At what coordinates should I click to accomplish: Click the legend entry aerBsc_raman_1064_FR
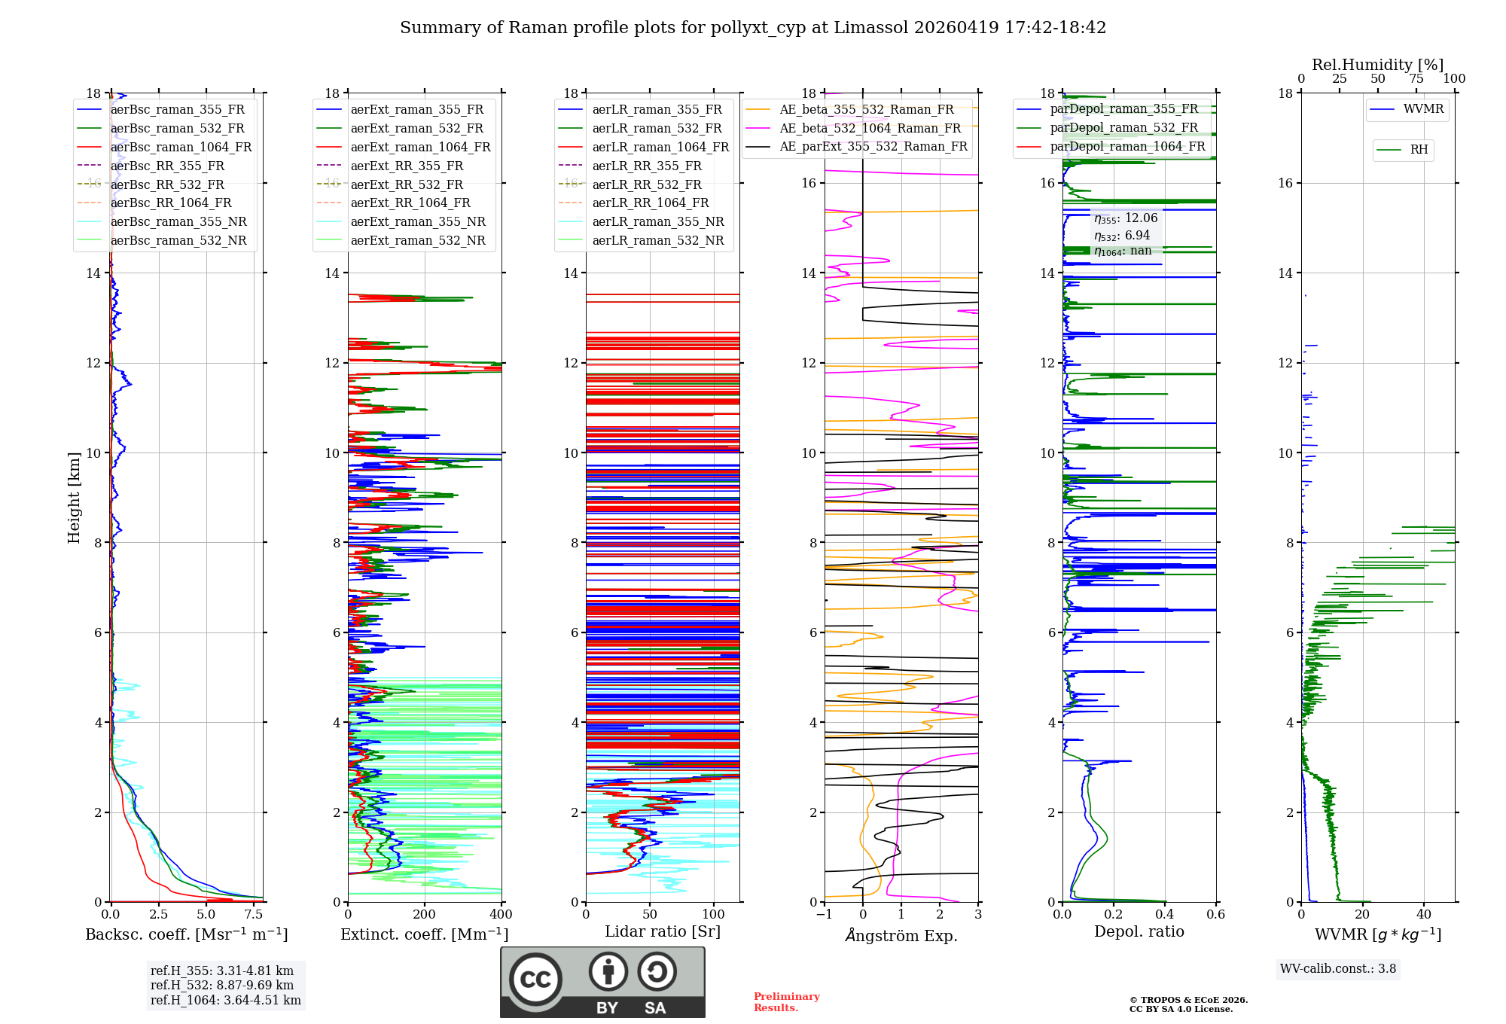(181, 147)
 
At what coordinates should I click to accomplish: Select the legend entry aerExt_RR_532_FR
(407, 184)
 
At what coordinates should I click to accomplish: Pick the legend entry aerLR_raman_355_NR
(657, 221)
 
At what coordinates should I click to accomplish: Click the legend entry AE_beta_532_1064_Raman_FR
(870, 128)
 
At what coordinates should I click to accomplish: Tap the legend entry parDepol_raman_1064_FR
(1127, 146)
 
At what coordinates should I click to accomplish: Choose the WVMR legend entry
(1423, 109)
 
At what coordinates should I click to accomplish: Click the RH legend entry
(1419, 150)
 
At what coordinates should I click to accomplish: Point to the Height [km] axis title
(74, 497)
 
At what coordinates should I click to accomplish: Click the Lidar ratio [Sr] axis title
(663, 931)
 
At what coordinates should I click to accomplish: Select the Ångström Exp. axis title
(901, 935)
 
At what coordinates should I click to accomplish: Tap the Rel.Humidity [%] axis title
(1377, 65)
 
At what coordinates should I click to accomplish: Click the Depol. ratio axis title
(1139, 931)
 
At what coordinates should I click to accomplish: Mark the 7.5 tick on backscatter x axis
(254, 915)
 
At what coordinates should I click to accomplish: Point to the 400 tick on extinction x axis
(501, 915)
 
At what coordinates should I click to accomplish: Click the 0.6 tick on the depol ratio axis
(1215, 915)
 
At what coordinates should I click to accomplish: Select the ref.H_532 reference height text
(222, 985)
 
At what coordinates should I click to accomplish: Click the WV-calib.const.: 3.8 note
(1338, 968)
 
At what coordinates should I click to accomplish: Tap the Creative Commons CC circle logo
(535, 979)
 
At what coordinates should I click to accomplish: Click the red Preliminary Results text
(786, 1001)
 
